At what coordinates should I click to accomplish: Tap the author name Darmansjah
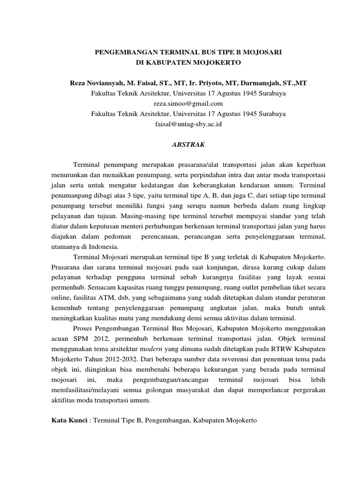[260, 83]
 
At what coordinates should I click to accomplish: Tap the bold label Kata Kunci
[68, 421]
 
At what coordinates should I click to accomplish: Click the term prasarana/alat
[211, 166]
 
